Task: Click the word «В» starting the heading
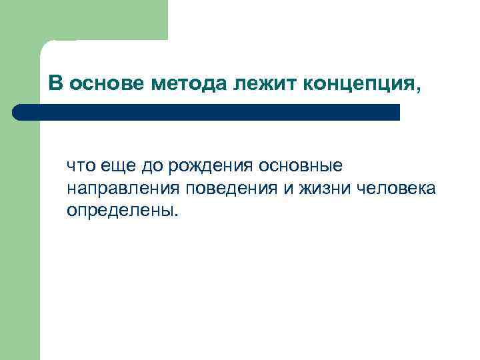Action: click(56, 83)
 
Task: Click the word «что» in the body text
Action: click(80, 165)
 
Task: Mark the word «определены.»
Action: click(123, 212)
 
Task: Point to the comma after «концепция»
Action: click(419, 89)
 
